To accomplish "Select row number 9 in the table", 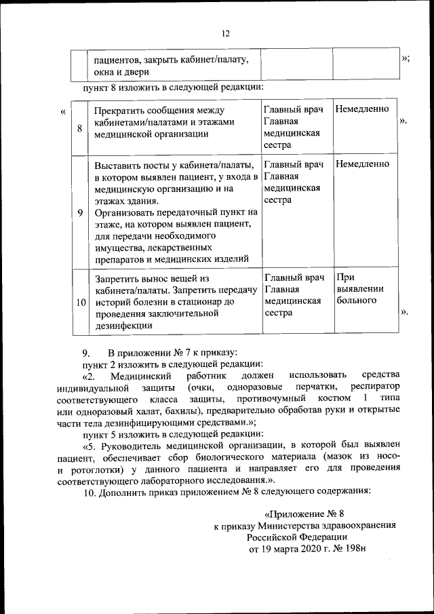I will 80,212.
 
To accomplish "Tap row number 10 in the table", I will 80,302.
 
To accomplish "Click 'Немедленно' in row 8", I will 362,109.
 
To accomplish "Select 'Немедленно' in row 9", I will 362,164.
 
